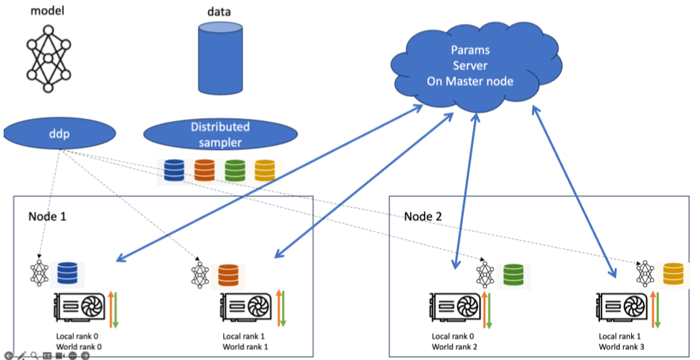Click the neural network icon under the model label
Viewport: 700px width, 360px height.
[x=49, y=56]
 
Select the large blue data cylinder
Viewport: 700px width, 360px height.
[x=221, y=58]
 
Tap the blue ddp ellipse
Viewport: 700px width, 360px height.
[x=59, y=134]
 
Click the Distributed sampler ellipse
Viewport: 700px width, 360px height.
[x=220, y=133]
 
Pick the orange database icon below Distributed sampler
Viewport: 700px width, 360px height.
[x=205, y=170]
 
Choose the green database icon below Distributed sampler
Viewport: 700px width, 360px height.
[x=235, y=170]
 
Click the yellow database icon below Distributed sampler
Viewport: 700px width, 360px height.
[x=264, y=170]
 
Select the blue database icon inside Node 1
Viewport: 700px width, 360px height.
[x=67, y=273]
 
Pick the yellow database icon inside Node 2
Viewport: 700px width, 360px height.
[x=673, y=274]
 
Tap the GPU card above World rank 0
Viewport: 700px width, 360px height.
[x=80, y=309]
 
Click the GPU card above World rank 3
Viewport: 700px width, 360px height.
[x=622, y=309]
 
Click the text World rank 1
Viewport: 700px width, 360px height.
[x=246, y=346]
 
